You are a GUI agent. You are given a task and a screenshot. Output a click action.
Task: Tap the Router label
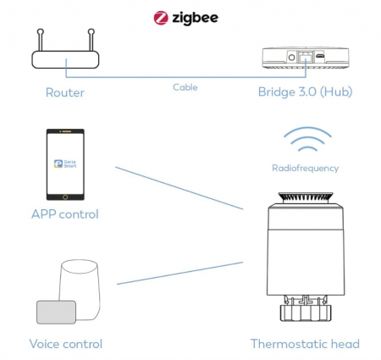(x=65, y=91)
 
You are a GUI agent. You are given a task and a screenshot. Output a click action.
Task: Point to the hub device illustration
(x=303, y=56)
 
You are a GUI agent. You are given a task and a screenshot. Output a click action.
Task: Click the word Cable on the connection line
(x=185, y=87)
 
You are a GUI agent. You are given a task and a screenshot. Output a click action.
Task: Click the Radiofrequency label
(x=306, y=168)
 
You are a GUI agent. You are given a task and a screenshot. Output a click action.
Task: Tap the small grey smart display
(x=56, y=312)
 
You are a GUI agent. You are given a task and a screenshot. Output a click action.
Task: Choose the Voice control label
(x=66, y=344)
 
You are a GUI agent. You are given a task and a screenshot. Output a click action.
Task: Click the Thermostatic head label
(x=305, y=344)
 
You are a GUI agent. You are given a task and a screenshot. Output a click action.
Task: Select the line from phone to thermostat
(x=178, y=187)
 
